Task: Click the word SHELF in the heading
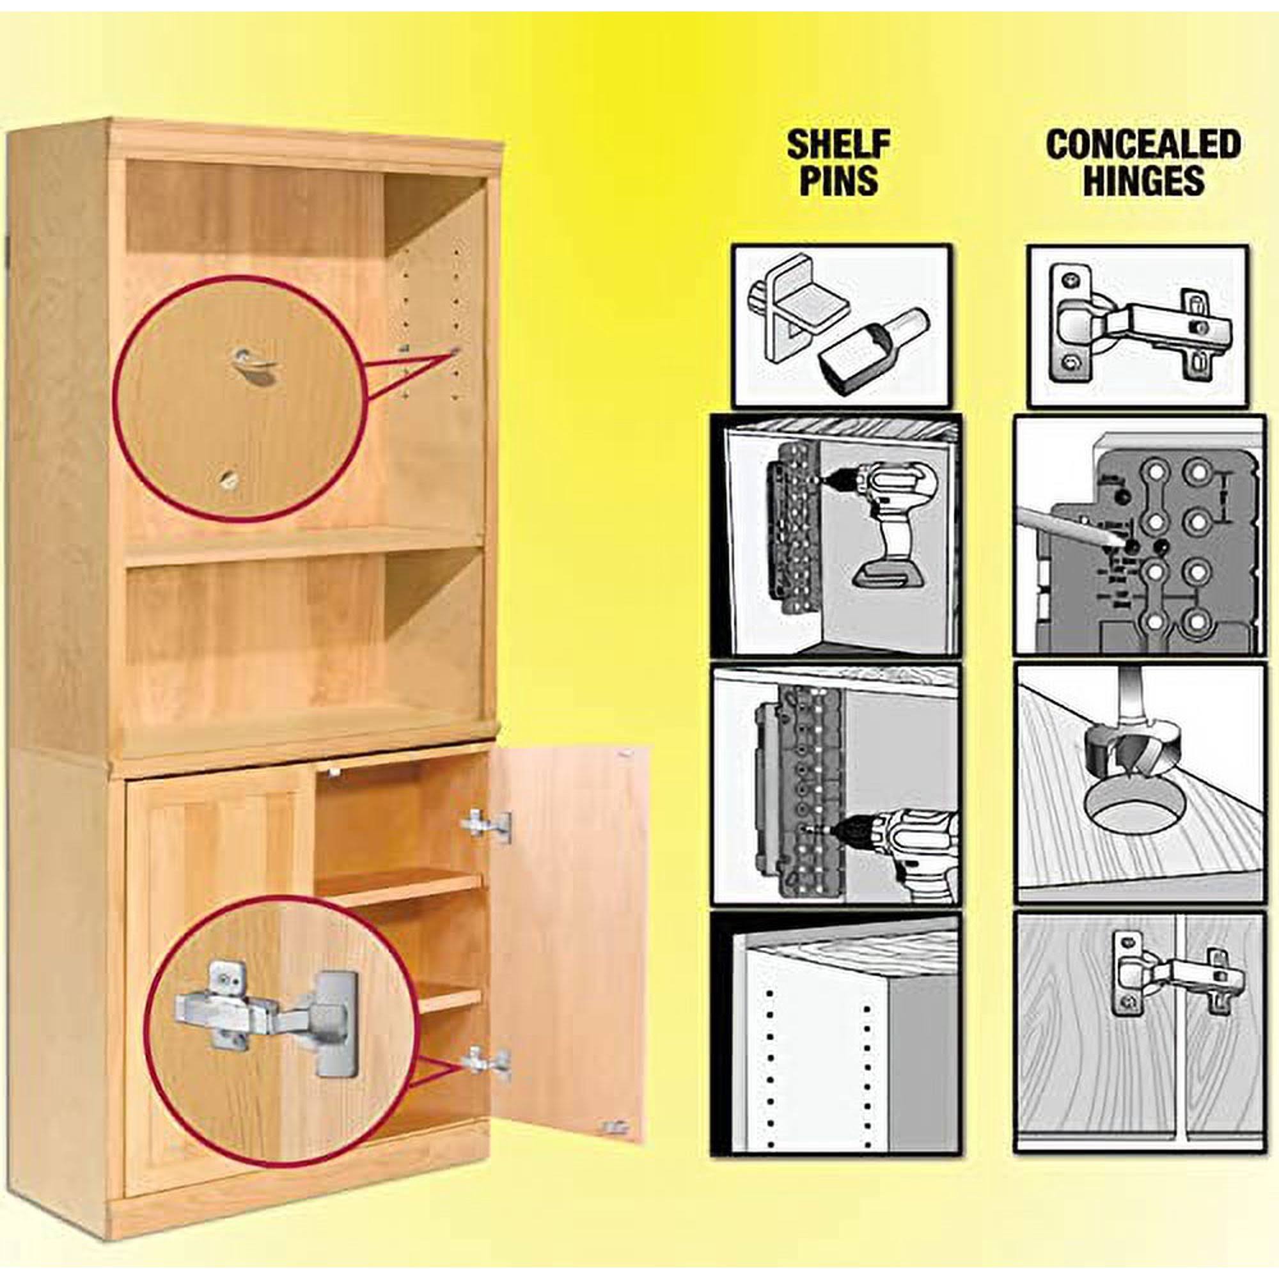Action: point(838,145)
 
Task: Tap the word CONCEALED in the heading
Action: point(1143,145)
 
